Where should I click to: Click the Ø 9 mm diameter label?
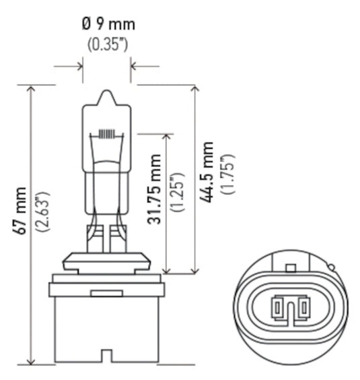tap(108, 25)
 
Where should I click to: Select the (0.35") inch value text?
tap(108, 44)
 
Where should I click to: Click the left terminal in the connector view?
tap(277, 309)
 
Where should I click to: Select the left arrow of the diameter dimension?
tap(77, 67)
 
